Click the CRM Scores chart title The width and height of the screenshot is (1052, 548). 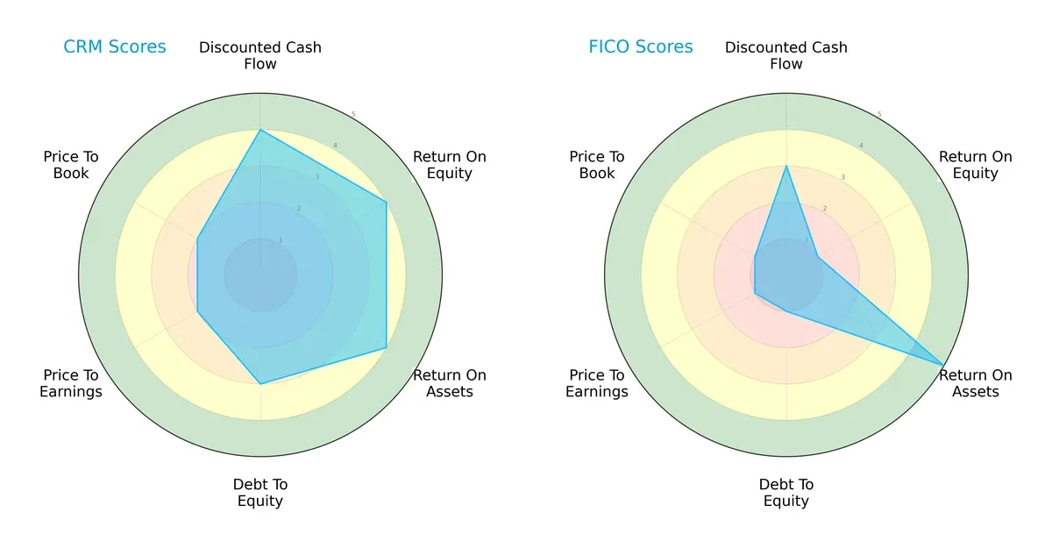click(x=114, y=47)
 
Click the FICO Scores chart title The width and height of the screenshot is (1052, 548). click(x=640, y=47)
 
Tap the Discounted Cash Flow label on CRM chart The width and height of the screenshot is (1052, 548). click(x=260, y=55)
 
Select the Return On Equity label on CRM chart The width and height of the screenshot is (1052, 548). click(x=450, y=165)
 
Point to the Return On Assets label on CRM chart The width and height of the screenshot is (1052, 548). click(x=450, y=383)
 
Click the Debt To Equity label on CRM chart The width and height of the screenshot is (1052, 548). click(x=260, y=493)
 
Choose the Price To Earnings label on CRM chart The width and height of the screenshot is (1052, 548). click(x=71, y=383)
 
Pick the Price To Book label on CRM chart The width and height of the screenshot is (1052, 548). click(x=71, y=165)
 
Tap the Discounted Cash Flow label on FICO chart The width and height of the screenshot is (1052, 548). click(x=786, y=55)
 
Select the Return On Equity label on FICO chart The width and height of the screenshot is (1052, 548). click(x=976, y=165)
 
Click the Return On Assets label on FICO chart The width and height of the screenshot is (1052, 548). click(x=976, y=383)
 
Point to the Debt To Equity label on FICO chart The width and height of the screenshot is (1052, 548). click(x=786, y=493)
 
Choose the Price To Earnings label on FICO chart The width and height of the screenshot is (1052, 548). click(x=597, y=383)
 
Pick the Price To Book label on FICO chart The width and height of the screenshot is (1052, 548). click(x=597, y=165)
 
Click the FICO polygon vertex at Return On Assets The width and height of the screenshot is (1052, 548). click(x=943, y=365)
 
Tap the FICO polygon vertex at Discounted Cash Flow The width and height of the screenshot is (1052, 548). click(x=786, y=167)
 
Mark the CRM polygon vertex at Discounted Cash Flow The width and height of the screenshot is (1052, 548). click(x=260, y=131)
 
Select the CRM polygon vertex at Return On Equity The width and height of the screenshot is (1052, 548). click(x=387, y=202)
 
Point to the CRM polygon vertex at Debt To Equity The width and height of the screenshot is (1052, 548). click(x=260, y=383)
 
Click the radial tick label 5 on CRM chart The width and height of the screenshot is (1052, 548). click(x=352, y=115)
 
